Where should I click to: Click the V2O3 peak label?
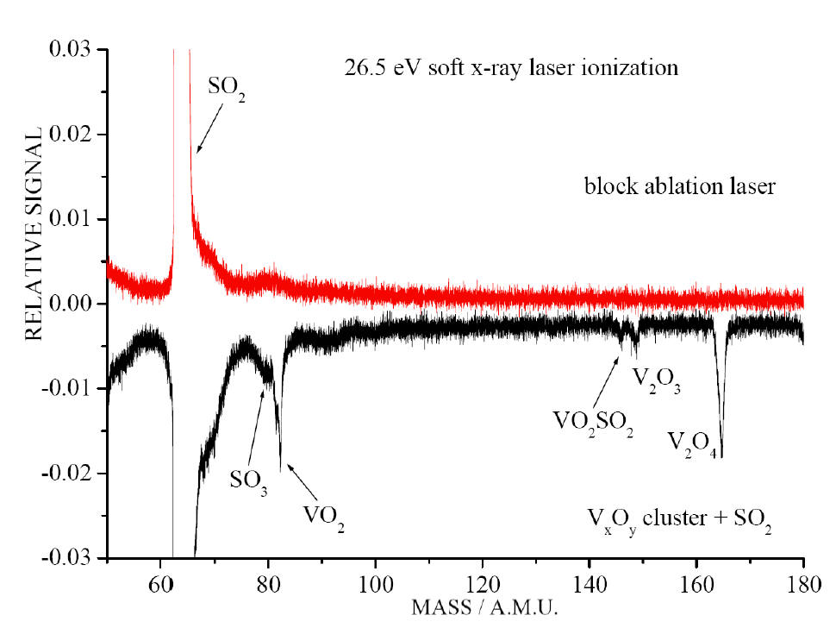656,380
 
